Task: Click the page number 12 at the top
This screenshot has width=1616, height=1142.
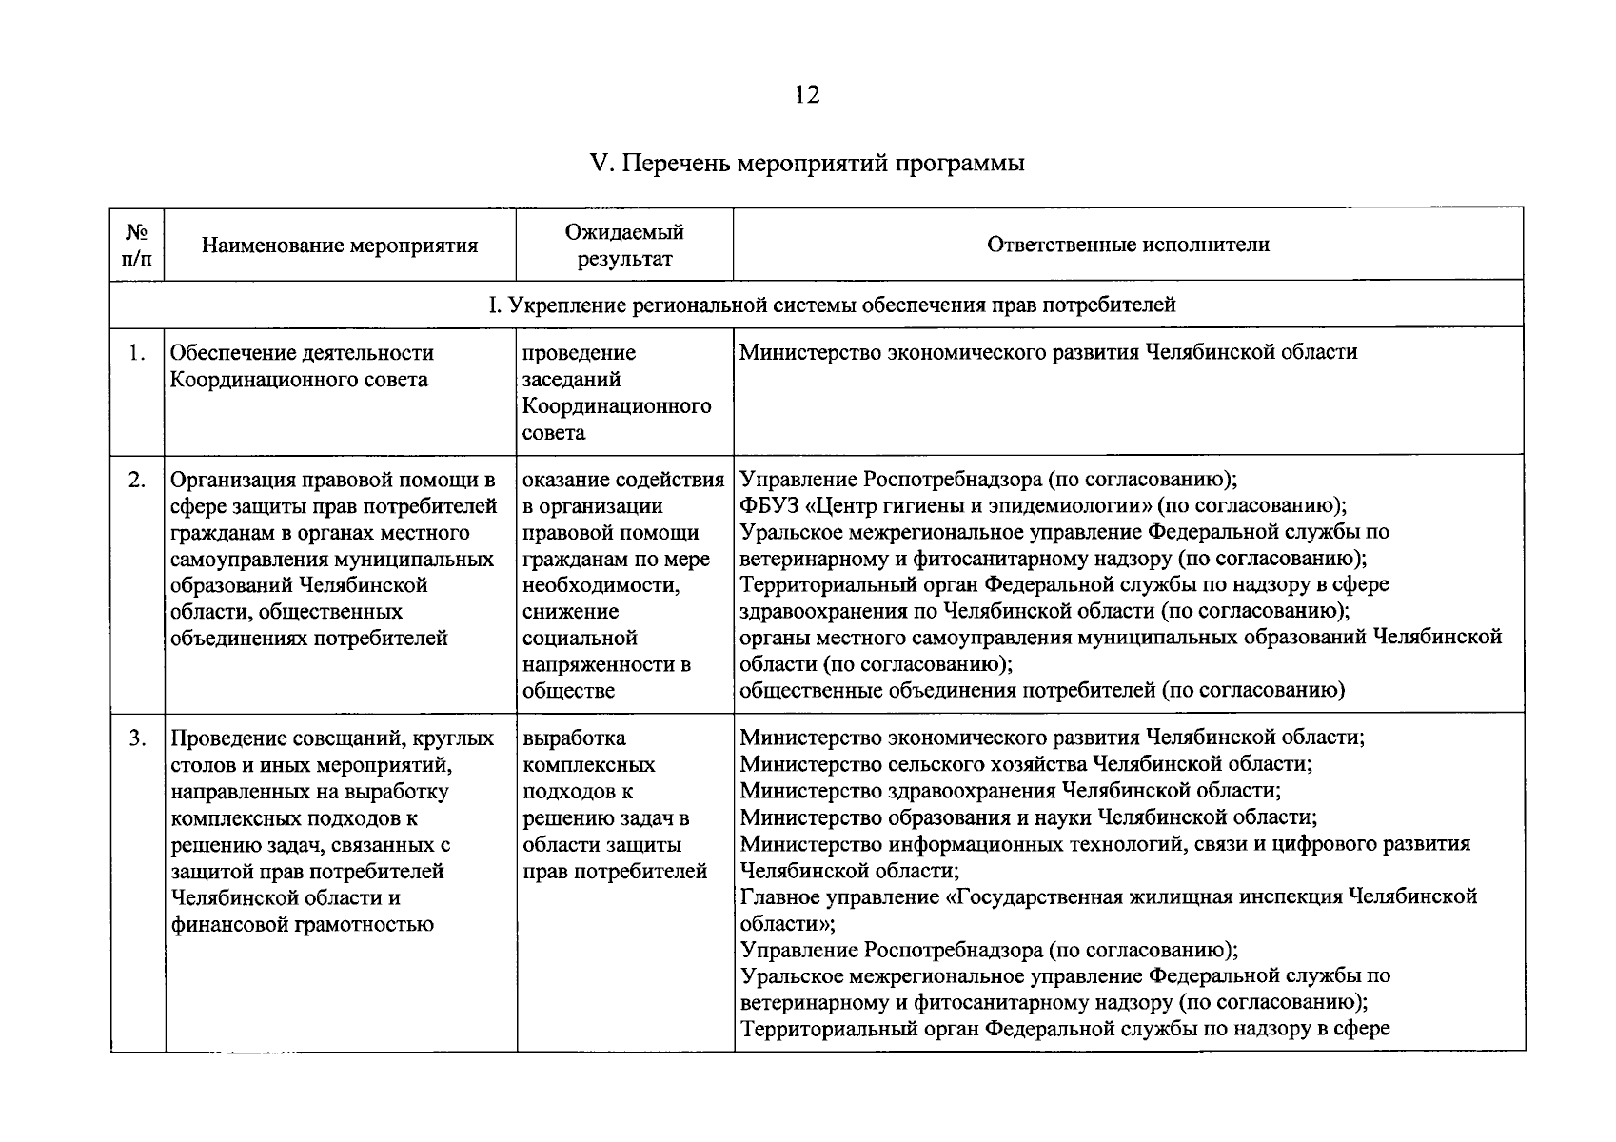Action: click(x=806, y=95)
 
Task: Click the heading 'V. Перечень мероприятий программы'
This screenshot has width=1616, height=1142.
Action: click(x=807, y=164)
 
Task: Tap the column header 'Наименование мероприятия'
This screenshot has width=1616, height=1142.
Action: click(x=340, y=246)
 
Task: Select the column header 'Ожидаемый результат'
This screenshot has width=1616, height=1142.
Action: click(x=624, y=246)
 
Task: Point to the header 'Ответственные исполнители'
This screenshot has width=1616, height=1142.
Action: click(x=1128, y=245)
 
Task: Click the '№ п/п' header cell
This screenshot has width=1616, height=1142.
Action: click(x=137, y=246)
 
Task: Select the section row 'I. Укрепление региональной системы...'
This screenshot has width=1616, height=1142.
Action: click(x=832, y=305)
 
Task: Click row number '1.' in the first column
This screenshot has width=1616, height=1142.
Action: click(x=137, y=353)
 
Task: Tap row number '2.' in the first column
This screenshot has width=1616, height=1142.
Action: click(x=137, y=480)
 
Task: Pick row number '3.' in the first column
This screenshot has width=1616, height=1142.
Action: click(x=137, y=738)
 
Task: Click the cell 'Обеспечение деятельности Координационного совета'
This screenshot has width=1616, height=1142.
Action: click(x=302, y=366)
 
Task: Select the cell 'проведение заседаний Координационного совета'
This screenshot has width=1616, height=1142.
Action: click(x=617, y=393)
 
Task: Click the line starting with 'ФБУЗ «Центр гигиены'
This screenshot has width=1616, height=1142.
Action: click(x=1043, y=506)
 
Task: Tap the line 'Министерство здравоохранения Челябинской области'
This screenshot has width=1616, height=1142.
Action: click(x=1010, y=791)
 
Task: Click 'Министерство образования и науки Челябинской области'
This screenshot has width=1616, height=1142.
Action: click(x=1028, y=817)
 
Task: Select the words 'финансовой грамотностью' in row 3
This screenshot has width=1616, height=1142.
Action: click(x=303, y=924)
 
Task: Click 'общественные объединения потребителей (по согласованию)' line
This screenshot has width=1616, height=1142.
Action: click(x=1042, y=691)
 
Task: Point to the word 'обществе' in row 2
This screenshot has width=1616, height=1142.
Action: click(x=569, y=691)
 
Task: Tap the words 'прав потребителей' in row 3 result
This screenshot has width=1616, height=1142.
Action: click(x=616, y=871)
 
